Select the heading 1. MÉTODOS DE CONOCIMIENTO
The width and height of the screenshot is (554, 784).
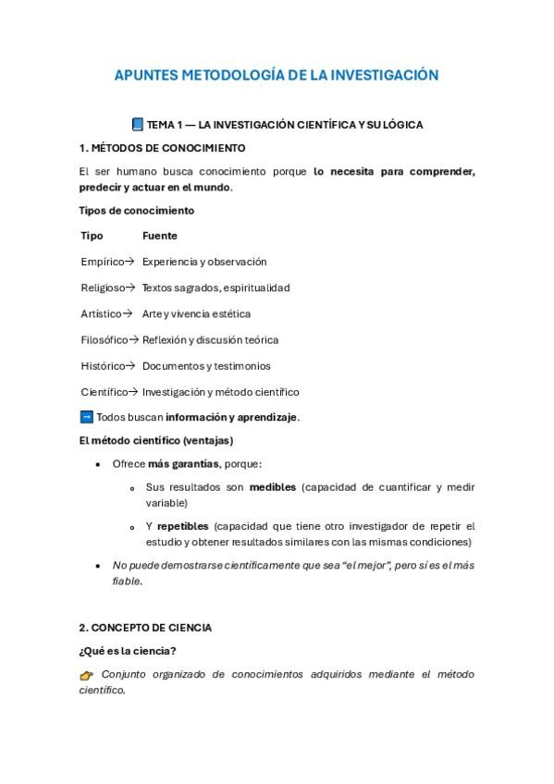[x=162, y=148]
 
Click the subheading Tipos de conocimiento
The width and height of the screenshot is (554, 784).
[x=136, y=210]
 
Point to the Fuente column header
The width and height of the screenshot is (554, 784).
[x=159, y=236]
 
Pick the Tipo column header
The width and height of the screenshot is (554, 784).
[x=92, y=236]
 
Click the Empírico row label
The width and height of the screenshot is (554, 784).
[x=102, y=262]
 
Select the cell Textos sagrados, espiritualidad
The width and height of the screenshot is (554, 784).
[x=215, y=288]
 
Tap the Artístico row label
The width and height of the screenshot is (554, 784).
[x=102, y=313]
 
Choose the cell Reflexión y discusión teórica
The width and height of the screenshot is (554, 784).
[x=210, y=339]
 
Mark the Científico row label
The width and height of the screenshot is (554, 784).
[x=104, y=391]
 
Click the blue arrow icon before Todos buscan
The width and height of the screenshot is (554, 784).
[x=87, y=417]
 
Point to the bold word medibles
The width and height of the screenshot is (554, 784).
[x=273, y=486]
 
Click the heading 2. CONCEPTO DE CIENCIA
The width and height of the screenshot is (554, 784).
[x=145, y=628]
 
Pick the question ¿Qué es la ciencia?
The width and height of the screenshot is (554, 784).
[x=128, y=651]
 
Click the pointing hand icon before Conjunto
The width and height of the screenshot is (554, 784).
[x=87, y=675]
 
